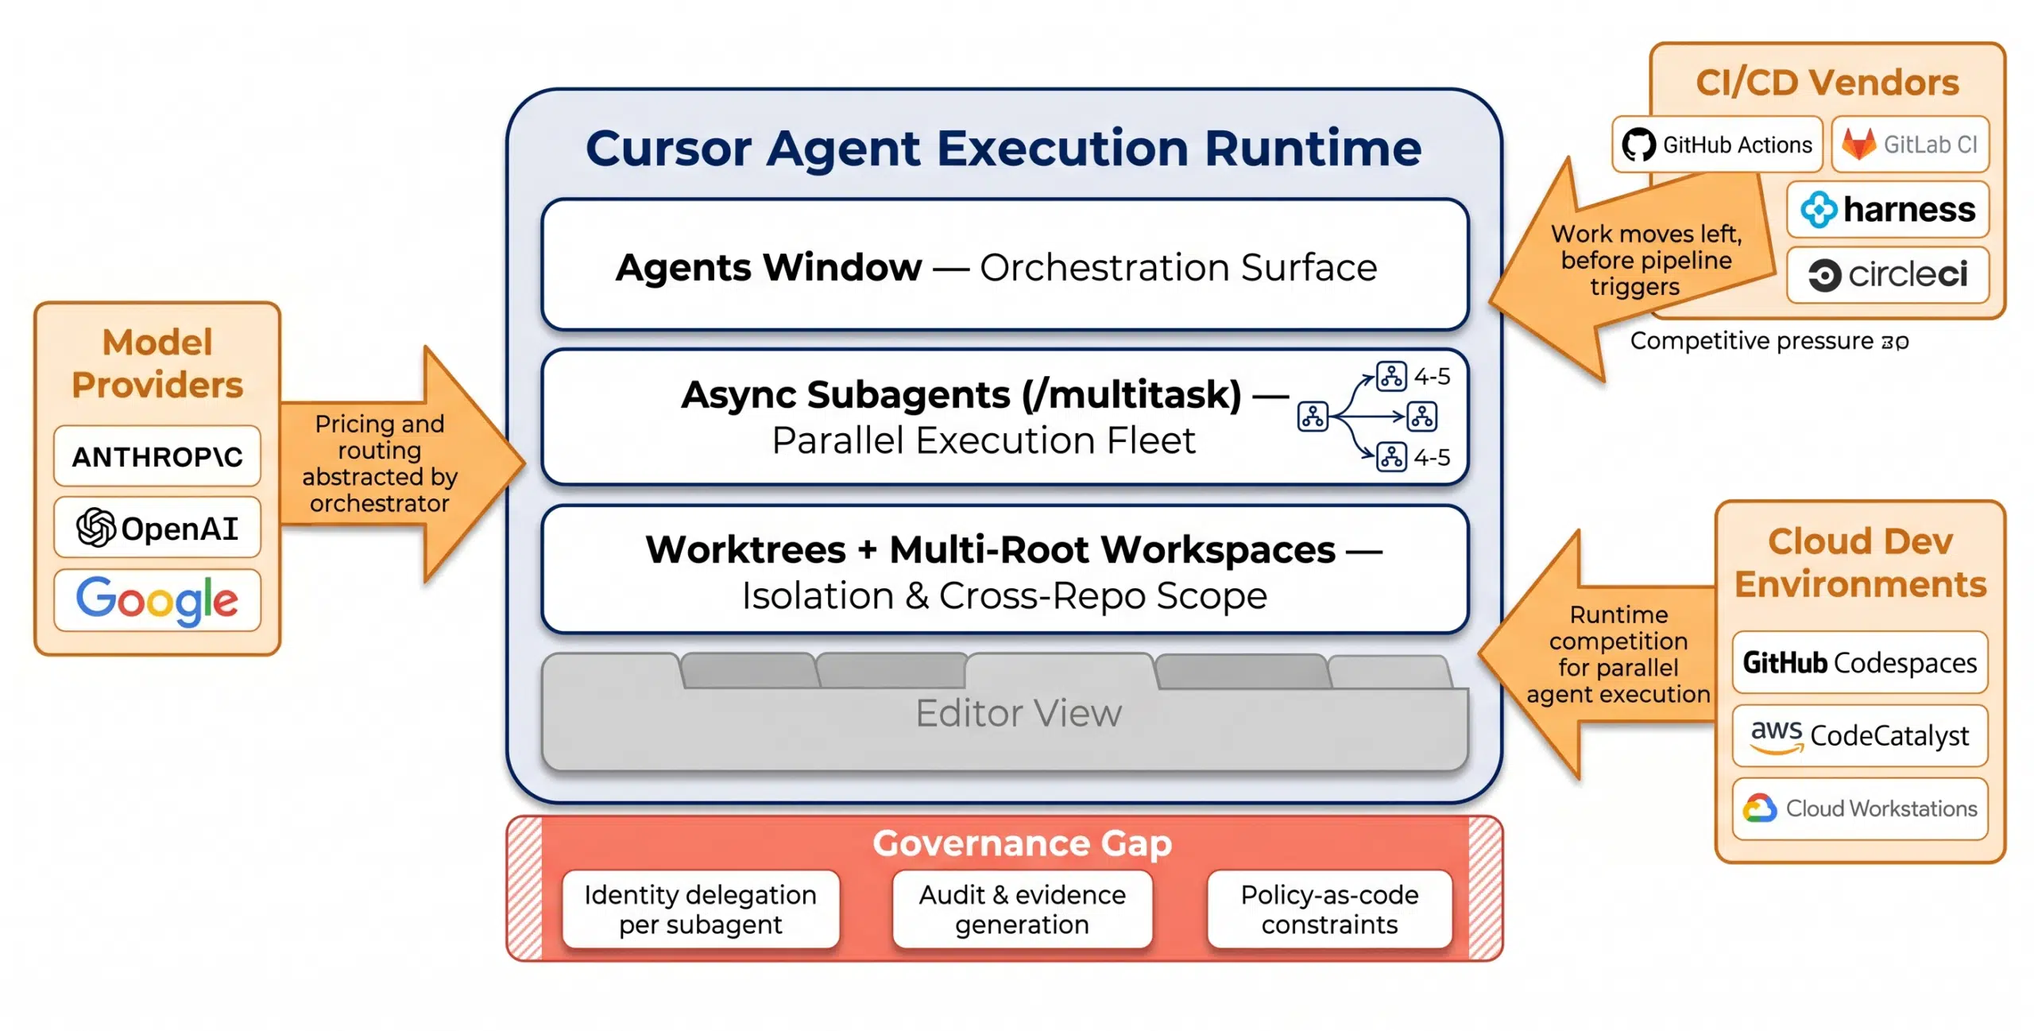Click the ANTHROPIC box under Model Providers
(157, 456)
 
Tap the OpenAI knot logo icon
(95, 528)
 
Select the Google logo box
(157, 600)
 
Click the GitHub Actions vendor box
(1716, 145)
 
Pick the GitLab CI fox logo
(1858, 145)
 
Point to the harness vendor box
(1887, 210)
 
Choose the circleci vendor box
(1887, 275)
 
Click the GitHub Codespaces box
(1859, 662)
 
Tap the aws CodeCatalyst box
(1859, 735)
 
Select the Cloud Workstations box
(1859, 808)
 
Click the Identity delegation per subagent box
(700, 909)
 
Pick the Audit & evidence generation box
(1022, 909)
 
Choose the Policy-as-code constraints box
(1329, 909)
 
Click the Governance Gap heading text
(1022, 843)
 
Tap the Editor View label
(1018, 713)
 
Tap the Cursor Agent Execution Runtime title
(1003, 148)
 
